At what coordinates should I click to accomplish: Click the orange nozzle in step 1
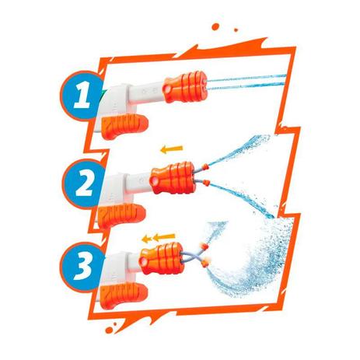185,86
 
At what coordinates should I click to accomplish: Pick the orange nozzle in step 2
173,178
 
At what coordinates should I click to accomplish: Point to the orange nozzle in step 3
163,258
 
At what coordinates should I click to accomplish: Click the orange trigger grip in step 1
124,125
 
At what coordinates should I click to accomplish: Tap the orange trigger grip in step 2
121,215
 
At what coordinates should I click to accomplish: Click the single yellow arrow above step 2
172,149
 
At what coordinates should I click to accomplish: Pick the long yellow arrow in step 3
164,236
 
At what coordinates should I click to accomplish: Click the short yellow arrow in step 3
147,239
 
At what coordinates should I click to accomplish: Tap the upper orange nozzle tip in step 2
205,166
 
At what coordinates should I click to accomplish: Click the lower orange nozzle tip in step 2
206,183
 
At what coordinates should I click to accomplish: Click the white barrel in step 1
146,93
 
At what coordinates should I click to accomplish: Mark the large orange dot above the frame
215,26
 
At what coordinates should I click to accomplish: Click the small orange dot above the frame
236,30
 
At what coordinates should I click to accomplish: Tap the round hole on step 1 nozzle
169,89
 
